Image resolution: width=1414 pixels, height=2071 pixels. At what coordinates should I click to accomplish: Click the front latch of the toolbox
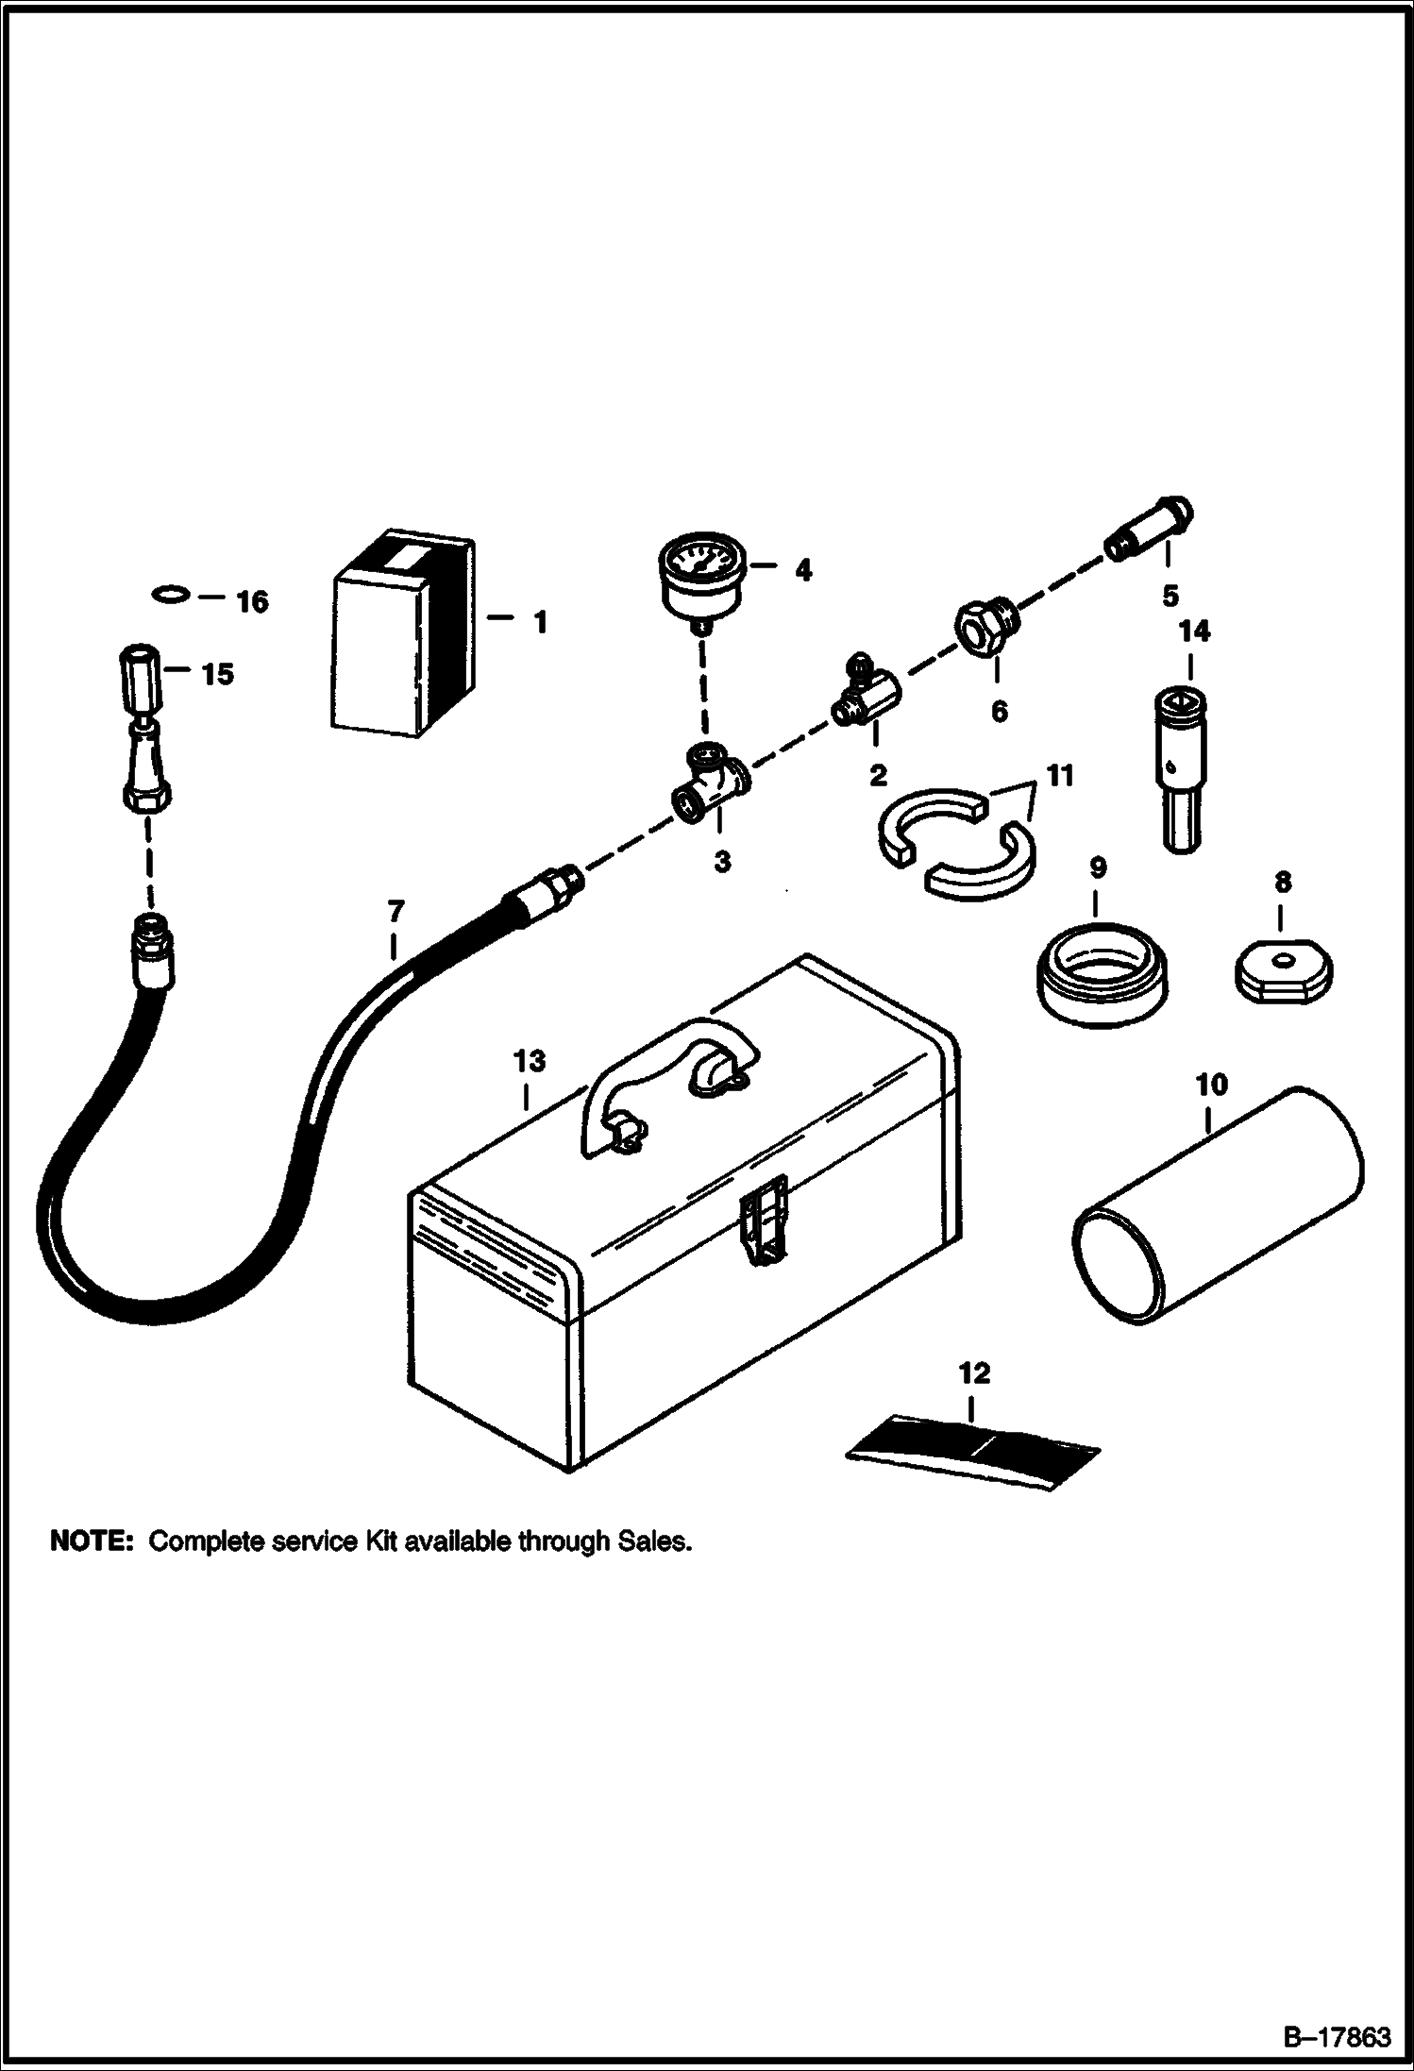(762, 1220)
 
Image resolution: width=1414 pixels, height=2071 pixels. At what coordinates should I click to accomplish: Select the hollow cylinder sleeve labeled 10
(1218, 1208)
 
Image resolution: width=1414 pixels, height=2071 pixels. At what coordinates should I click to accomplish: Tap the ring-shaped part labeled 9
(1101, 975)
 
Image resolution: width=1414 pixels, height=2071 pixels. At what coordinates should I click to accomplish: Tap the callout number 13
(530, 1061)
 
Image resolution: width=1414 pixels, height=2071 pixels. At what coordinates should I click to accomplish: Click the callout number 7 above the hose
(396, 911)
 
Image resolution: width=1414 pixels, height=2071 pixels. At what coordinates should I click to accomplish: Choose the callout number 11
(1059, 776)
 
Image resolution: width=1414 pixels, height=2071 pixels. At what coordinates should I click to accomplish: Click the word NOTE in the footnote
(92, 1541)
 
